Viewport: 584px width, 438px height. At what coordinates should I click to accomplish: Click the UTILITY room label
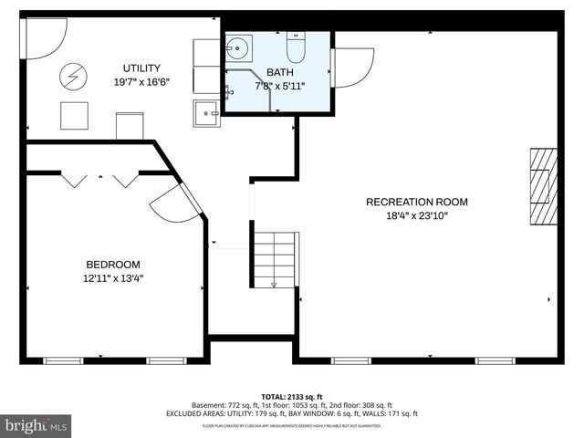pyautogui.click(x=142, y=68)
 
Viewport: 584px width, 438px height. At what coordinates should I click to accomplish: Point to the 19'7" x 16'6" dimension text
pyautogui.click(x=142, y=81)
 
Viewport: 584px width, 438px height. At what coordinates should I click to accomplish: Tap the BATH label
pyautogui.click(x=281, y=72)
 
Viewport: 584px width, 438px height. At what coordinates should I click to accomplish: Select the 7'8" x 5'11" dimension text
pyautogui.click(x=281, y=86)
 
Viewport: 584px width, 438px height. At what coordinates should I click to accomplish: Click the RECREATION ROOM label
pyautogui.click(x=416, y=202)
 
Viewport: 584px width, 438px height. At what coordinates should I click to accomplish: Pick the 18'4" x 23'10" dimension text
pyautogui.click(x=416, y=215)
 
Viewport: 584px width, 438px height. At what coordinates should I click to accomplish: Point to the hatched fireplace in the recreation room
pyautogui.click(x=543, y=185)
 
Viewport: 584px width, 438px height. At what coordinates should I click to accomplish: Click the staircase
pyautogui.click(x=275, y=259)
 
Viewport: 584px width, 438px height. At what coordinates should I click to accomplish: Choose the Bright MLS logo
pyautogui.click(x=36, y=425)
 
